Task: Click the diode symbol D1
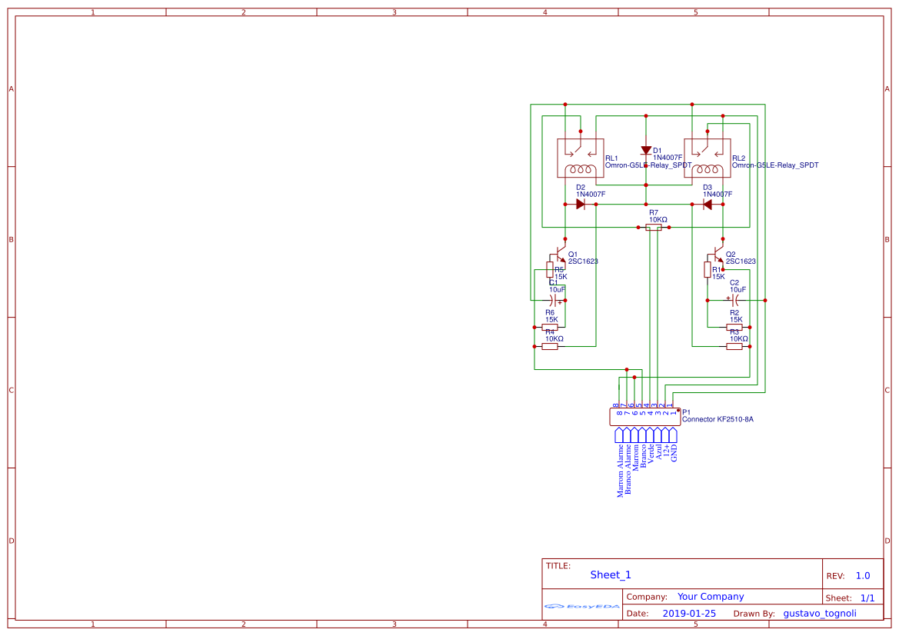pos(646,151)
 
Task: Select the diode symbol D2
pos(581,205)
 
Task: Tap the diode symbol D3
pos(708,205)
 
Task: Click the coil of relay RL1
pos(581,170)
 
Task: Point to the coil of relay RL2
pos(708,170)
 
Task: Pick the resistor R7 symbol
pos(654,228)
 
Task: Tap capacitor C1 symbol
pos(554,300)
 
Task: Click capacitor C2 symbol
pos(734,300)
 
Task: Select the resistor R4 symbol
pos(550,347)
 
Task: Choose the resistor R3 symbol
pos(734,347)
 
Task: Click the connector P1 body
pos(644,418)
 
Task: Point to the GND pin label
pos(674,452)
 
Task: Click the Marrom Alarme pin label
pos(621,470)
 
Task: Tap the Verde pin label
pos(651,452)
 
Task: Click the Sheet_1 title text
pos(611,575)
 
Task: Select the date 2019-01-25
pos(689,614)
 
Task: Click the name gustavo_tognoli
pos(819,614)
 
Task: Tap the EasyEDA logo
pos(582,606)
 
